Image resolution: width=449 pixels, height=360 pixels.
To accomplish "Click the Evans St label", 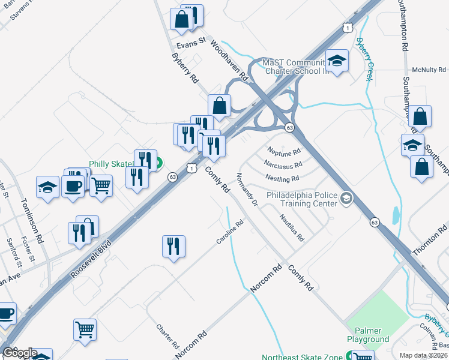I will (x=191, y=44).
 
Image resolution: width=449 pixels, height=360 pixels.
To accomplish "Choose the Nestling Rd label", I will (x=282, y=178).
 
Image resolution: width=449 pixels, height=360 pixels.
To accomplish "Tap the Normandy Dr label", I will (x=247, y=190).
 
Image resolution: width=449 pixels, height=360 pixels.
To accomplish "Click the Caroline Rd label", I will (x=230, y=232).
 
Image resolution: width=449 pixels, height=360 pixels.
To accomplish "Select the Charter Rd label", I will (x=167, y=337).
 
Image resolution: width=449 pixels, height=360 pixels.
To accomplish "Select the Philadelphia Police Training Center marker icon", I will (x=346, y=198).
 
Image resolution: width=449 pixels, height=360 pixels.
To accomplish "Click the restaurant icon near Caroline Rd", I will (x=173, y=245).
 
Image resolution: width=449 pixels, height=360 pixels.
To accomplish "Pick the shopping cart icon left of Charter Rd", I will (x=85, y=329).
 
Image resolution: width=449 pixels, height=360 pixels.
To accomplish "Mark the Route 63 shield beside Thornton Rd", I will (x=375, y=222).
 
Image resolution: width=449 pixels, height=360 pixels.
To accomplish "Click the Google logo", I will (x=20, y=353).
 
